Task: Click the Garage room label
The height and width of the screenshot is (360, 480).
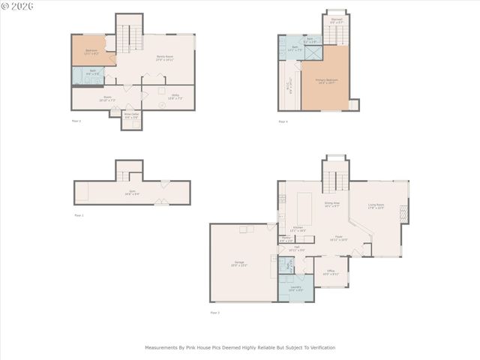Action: click(x=239, y=263)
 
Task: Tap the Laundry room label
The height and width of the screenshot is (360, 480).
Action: click(x=295, y=288)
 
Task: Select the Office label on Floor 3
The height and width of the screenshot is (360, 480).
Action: click(x=331, y=273)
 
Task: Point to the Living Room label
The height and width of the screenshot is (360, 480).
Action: click(x=376, y=206)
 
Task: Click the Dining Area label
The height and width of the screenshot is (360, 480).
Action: click(x=331, y=204)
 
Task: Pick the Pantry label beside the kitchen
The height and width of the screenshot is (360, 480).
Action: click(x=286, y=238)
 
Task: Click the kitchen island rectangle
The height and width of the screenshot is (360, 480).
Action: click(x=305, y=207)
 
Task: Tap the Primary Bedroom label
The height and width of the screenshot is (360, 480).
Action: click(x=326, y=80)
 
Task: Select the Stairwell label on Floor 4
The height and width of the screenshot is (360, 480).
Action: click(x=336, y=22)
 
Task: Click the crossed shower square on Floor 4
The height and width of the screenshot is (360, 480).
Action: click(x=314, y=52)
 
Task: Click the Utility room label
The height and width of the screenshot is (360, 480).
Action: click(x=174, y=96)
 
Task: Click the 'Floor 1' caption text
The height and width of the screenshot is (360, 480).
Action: click(x=79, y=215)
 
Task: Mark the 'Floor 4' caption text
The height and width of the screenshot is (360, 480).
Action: click(x=283, y=121)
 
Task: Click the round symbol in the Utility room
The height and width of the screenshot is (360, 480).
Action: click(x=163, y=106)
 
